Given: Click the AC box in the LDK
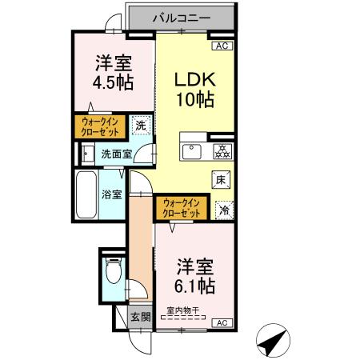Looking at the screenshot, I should [x=222, y=46].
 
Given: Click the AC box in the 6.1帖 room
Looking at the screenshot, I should [x=222, y=322].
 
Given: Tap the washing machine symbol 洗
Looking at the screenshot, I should [x=141, y=125].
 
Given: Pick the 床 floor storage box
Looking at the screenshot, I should [x=222, y=180].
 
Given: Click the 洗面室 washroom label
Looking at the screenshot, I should [x=116, y=154].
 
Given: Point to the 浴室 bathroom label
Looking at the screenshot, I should [x=111, y=194].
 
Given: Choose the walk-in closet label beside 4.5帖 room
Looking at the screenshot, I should [x=100, y=126].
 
